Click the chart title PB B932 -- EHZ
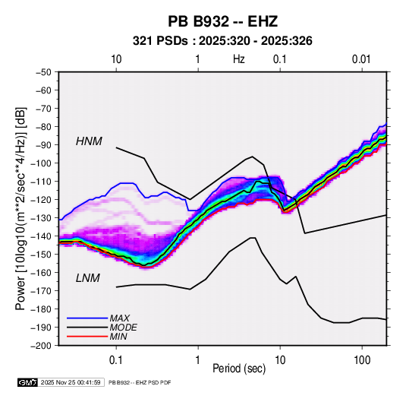point(222,21)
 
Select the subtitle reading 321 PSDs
point(160,41)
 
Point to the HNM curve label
point(89,141)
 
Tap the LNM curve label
point(88,278)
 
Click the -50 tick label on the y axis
point(43,72)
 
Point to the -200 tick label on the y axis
point(41,346)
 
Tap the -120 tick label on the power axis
point(41,200)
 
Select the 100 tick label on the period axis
point(362,359)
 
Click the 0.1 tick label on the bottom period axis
point(116,359)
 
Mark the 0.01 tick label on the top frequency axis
point(361,59)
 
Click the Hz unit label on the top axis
point(238,59)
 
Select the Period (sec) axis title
point(239,369)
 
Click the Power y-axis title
point(20,209)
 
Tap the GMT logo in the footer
point(28,382)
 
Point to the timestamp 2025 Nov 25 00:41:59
point(71,382)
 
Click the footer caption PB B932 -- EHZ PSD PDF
point(140,382)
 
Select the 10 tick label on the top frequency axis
point(116,59)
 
